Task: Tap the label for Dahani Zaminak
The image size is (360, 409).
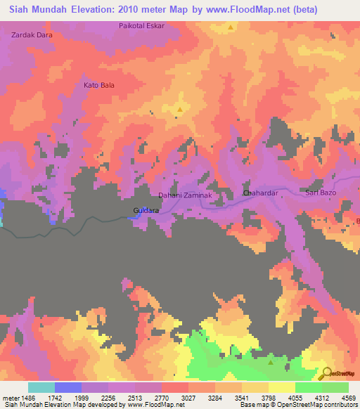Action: pos(184,195)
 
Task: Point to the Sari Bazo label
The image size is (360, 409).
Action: pos(322,192)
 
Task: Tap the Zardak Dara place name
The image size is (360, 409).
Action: pos(32,34)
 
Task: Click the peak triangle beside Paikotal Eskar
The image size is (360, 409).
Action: pos(231,28)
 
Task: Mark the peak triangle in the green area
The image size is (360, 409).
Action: pos(271,363)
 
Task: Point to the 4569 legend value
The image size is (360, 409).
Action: pos(349,397)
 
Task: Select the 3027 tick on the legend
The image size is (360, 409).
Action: pos(189,397)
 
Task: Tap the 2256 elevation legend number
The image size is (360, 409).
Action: pos(109,397)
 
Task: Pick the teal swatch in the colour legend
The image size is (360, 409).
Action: pos(41,387)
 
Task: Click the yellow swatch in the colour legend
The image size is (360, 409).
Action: pos(282,387)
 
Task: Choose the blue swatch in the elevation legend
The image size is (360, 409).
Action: pos(68,387)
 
